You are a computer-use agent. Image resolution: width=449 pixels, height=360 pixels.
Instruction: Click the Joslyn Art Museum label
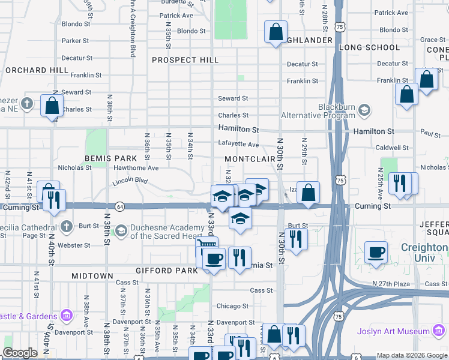[x=408, y=331]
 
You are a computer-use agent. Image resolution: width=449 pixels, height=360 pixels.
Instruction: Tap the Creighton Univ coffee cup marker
[x=376, y=252]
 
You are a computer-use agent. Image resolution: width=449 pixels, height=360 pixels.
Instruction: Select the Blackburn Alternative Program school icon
[x=363, y=110]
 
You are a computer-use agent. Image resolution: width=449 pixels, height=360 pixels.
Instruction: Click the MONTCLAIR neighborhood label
[x=250, y=158]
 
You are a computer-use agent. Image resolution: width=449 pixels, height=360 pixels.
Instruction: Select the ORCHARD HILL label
[x=37, y=70]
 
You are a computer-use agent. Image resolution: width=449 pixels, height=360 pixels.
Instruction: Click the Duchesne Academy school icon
[x=121, y=230]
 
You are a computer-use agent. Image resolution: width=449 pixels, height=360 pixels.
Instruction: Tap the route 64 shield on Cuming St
[x=119, y=206]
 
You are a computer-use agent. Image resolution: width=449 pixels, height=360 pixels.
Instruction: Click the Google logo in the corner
[x=20, y=353]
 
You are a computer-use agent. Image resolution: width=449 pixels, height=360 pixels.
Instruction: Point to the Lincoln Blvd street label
[x=130, y=180]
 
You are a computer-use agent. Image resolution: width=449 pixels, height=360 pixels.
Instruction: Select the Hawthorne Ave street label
[x=136, y=168]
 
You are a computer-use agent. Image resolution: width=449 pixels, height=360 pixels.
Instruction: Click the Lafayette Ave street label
[x=238, y=144]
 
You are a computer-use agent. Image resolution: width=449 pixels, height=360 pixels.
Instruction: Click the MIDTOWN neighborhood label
[x=92, y=275]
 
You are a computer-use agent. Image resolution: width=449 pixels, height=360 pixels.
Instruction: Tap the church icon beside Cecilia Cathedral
[x=66, y=226]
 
